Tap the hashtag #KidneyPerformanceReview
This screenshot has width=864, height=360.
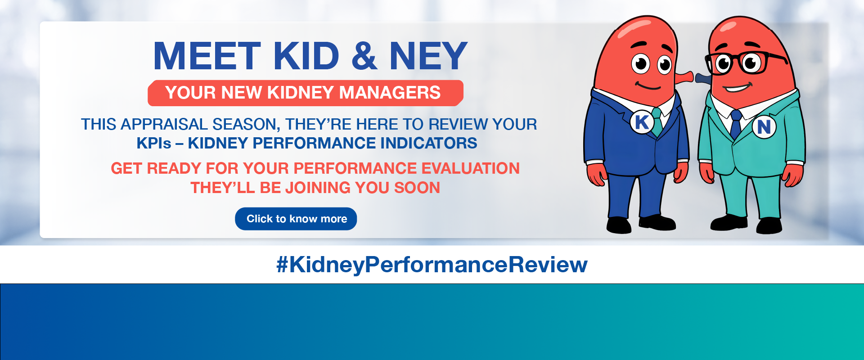tap(432, 265)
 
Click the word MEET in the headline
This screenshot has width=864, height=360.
tap(207, 56)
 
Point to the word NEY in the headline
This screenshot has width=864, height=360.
tap(428, 56)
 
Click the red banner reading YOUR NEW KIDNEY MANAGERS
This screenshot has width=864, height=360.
tap(305, 93)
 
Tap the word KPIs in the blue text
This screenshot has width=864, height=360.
tap(154, 143)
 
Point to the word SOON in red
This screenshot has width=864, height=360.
tap(417, 188)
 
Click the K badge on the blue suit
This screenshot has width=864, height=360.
tap(642, 122)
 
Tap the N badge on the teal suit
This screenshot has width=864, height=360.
tap(764, 127)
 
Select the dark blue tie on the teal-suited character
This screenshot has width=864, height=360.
tap(736, 124)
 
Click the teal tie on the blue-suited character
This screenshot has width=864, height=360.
tap(657, 121)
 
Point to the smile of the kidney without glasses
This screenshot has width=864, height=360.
tap(648, 85)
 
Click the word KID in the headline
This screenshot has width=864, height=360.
tap(306, 56)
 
